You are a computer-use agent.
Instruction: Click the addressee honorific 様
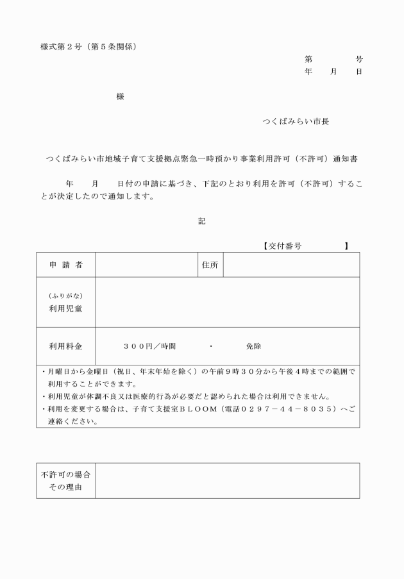(121, 97)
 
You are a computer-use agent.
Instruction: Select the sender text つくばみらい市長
(296, 121)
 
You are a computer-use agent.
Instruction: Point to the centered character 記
(202, 221)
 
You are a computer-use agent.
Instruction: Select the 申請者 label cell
(65, 265)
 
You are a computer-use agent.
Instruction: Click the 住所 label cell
(210, 265)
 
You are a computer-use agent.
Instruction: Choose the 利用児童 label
(65, 308)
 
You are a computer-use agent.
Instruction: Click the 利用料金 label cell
(65, 346)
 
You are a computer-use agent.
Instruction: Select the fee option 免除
(253, 346)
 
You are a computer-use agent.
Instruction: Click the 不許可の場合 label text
(65, 475)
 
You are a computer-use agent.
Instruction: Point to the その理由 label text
(65, 487)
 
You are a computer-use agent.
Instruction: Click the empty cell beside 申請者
(146, 265)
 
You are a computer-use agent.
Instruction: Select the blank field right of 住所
(290, 265)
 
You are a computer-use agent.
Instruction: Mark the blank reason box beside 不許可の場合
(227, 481)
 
